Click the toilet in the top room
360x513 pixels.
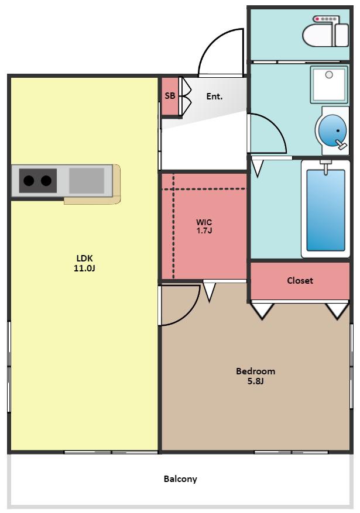[325, 35]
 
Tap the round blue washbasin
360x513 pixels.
[332, 130]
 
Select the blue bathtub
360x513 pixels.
[325, 209]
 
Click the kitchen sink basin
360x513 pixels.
[87, 180]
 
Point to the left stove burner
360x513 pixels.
[29, 180]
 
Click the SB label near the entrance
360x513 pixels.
[170, 96]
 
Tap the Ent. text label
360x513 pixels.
[214, 97]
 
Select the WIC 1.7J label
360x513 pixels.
[204, 226]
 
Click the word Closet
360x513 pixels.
[300, 280]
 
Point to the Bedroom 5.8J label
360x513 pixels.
[256, 376]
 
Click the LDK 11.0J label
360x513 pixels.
[84, 263]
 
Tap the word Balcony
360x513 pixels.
[180, 479]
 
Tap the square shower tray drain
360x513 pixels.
[329, 75]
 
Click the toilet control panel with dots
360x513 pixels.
[325, 19]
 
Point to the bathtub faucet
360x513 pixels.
[325, 167]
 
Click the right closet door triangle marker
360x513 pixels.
[337, 311]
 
